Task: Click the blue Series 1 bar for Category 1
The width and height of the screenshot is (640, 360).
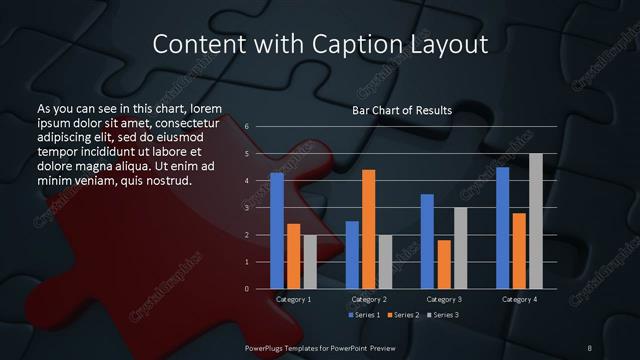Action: click(277, 231)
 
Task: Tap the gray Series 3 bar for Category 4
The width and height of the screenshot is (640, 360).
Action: click(535, 221)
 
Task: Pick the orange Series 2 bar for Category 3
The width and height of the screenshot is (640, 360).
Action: click(443, 264)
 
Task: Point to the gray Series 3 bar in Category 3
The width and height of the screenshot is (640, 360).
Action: click(460, 248)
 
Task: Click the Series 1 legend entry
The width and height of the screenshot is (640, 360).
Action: click(365, 315)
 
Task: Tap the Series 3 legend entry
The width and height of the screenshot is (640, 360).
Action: click(444, 315)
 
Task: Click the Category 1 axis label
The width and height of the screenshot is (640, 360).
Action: click(293, 299)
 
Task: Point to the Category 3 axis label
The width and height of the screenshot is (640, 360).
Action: click(444, 299)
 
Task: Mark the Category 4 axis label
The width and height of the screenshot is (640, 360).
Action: click(519, 299)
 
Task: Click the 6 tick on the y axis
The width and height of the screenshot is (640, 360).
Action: click(246, 127)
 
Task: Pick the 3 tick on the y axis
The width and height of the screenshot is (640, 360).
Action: click(246, 208)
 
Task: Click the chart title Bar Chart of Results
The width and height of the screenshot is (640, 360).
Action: click(402, 110)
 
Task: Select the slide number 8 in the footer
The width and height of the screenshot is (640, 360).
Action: click(590, 347)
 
